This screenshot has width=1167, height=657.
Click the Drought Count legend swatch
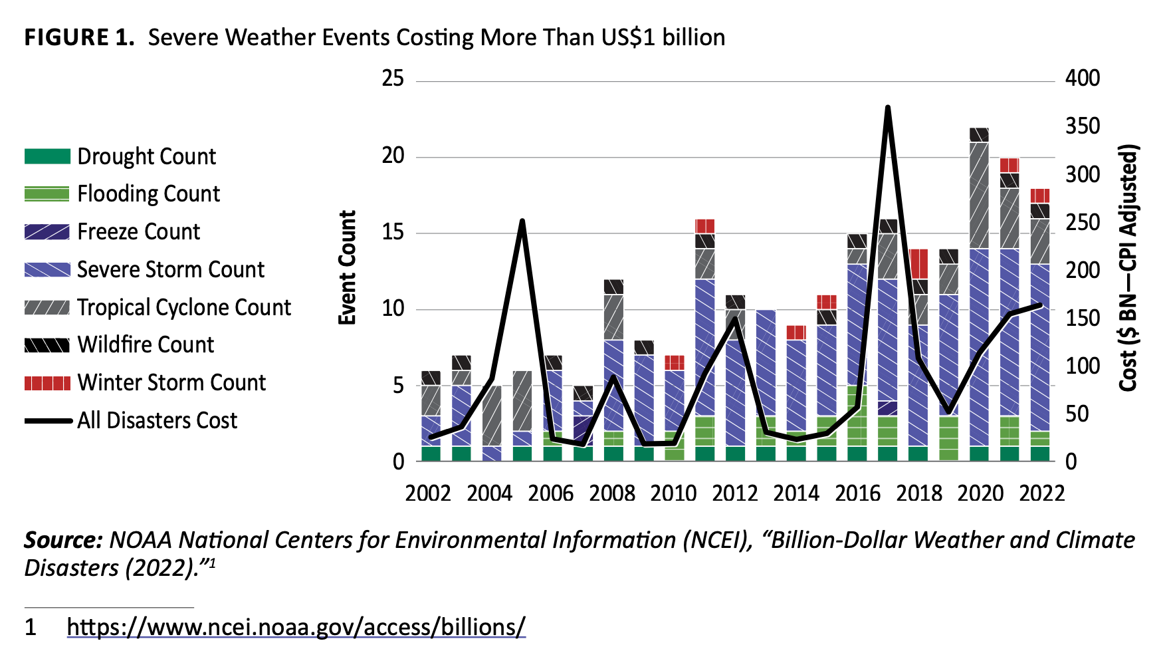click(x=47, y=156)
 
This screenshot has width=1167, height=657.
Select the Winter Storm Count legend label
click(x=171, y=382)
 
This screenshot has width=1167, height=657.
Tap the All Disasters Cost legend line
click(x=48, y=421)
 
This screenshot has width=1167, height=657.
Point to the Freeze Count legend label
click(x=138, y=231)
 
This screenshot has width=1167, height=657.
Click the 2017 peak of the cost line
click(x=888, y=108)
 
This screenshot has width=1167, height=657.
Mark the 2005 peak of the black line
click(x=522, y=221)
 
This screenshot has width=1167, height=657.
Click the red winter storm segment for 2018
click(x=919, y=264)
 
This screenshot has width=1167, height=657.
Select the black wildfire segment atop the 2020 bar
click(x=979, y=135)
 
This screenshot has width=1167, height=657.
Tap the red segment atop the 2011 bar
click(x=705, y=226)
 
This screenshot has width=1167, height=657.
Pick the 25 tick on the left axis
click(x=393, y=79)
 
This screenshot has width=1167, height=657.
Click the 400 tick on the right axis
click(x=1083, y=78)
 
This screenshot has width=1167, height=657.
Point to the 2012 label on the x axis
click(x=735, y=493)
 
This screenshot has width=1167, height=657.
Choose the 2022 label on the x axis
click(x=1042, y=493)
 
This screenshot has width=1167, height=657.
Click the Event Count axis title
click(x=348, y=267)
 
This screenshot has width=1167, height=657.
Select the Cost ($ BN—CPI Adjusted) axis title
click(x=1129, y=267)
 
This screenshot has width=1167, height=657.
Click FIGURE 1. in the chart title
click(x=80, y=37)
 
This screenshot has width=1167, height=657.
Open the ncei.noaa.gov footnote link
click(x=296, y=626)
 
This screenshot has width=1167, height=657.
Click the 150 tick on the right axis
click(x=1083, y=318)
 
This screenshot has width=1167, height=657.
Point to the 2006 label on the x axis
click(x=551, y=493)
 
